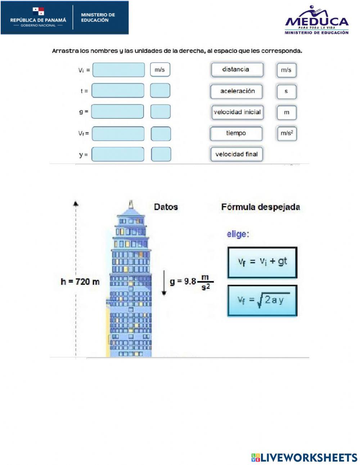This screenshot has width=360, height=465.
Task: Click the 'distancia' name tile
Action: pos(237,70)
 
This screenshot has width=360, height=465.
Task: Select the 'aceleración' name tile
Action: pos(237,91)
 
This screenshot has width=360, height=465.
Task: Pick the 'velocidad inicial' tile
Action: pos(237,112)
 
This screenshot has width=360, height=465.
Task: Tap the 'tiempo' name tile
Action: pos(236,133)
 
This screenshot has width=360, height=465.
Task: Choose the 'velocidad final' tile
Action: pos(237,154)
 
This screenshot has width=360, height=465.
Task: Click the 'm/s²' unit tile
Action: pos(287,133)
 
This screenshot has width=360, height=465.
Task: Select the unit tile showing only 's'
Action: pos(286,91)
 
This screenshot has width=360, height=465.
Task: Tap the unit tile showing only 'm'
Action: pos(286,112)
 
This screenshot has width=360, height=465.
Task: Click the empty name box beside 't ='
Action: pos(118,91)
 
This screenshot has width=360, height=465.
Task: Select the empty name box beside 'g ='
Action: pos(117,112)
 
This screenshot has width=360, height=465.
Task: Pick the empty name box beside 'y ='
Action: pos(118,154)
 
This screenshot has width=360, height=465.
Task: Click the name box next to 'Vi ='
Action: pos(118,70)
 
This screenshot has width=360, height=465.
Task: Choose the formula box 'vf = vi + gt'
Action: pos(262,262)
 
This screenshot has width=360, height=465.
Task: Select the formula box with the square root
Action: pos(262,301)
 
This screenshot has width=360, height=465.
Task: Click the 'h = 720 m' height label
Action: pos(80,281)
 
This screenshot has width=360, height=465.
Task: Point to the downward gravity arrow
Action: pos(164,282)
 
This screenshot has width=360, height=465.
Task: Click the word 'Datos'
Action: pos(166,207)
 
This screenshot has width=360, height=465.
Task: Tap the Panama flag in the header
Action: pos(39,11)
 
